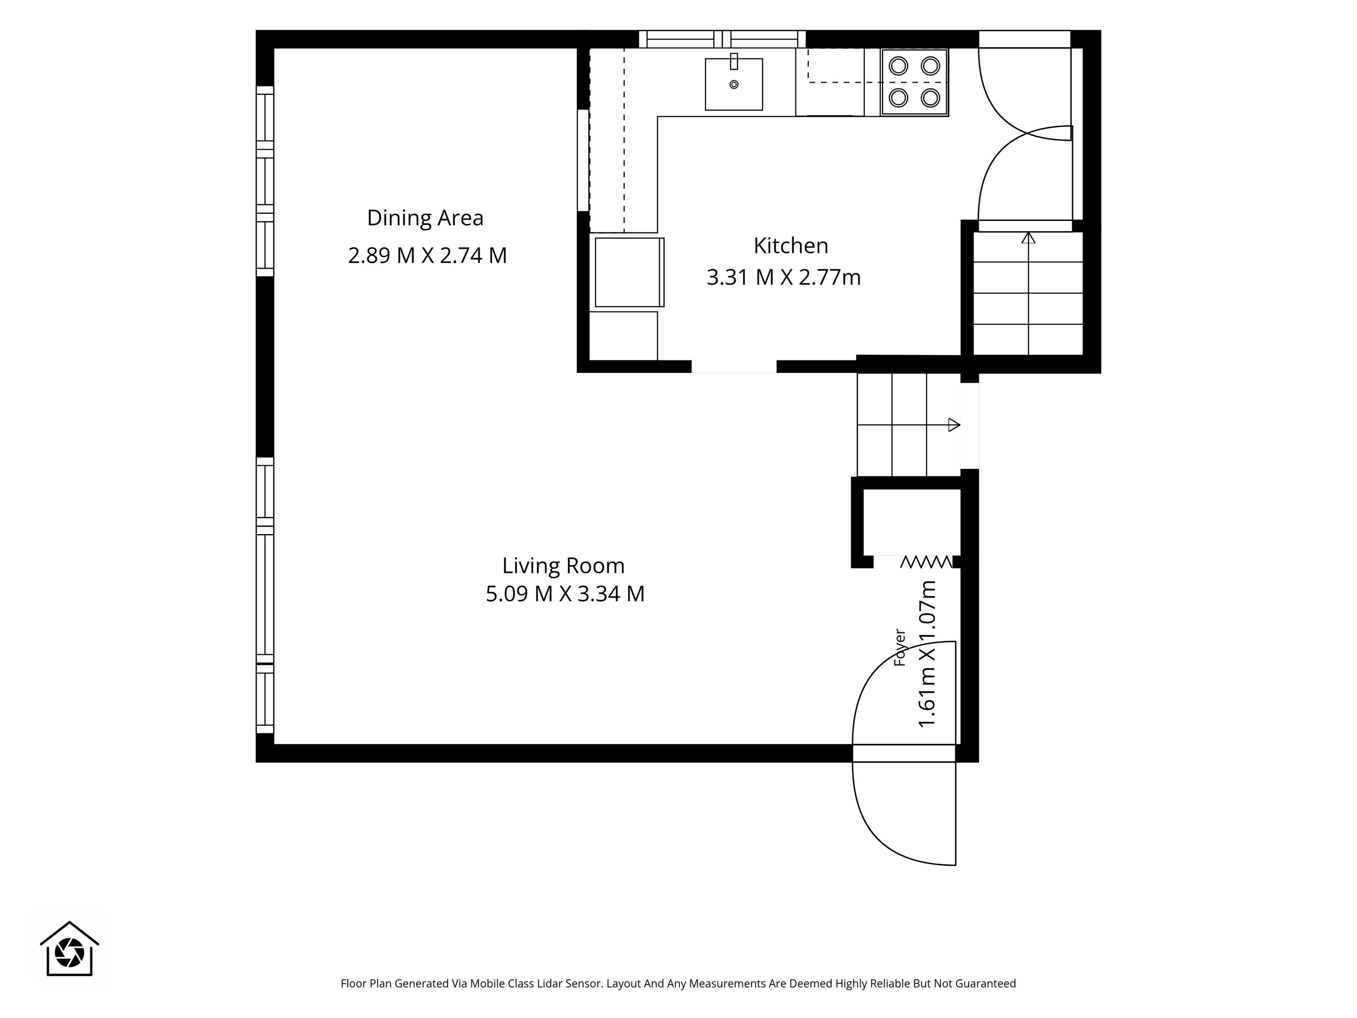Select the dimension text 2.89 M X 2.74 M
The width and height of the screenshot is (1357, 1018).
pyautogui.click(x=428, y=255)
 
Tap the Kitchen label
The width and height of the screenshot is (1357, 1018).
pyautogui.click(x=791, y=245)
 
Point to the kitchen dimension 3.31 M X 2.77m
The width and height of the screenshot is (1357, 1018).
pyautogui.click(x=784, y=277)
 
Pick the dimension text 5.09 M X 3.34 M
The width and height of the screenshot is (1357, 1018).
pyautogui.click(x=565, y=594)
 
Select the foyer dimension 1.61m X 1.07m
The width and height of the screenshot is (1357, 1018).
pyautogui.click(x=927, y=654)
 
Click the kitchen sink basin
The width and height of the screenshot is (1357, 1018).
pyautogui.click(x=734, y=85)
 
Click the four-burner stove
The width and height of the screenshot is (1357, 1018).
pyautogui.click(x=915, y=82)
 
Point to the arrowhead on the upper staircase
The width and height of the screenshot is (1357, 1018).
pyautogui.click(x=1028, y=238)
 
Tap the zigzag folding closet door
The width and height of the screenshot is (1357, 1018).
pyautogui.click(x=926, y=561)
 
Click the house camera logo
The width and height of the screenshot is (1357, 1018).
pyautogui.click(x=69, y=949)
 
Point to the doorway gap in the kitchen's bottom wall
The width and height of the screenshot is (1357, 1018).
pyautogui.click(x=734, y=367)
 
